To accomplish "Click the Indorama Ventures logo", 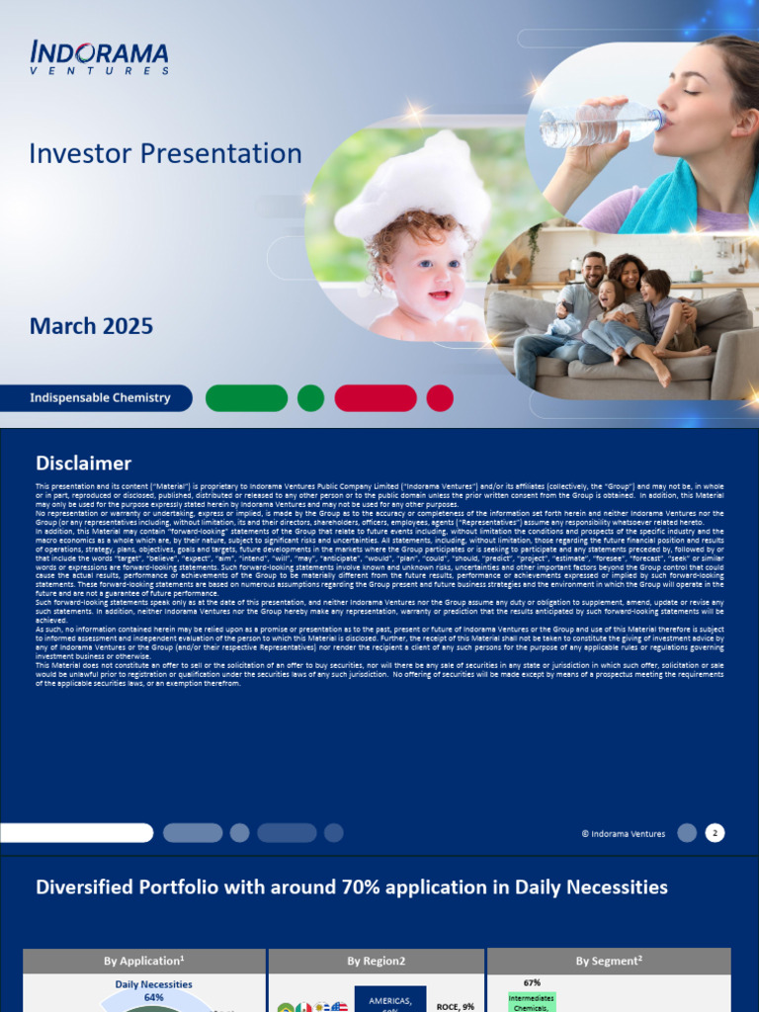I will pos(99,57).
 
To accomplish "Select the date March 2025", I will pos(91,326).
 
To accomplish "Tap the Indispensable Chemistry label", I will pos(100,398).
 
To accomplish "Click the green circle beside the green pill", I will pos(310,398).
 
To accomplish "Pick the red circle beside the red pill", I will pos(440,398).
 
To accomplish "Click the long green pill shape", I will pos(246,398).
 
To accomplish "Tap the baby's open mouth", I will pos(438,295).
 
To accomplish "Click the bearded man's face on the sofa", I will pos(593,270).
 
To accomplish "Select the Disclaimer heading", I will pos(83,464).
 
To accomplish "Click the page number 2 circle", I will pos(715,833).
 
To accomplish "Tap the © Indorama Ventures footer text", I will pos(623,834).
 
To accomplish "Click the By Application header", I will pos(144,961).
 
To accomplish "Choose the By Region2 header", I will pos(376,961).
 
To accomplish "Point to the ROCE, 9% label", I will pos(456,1006).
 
